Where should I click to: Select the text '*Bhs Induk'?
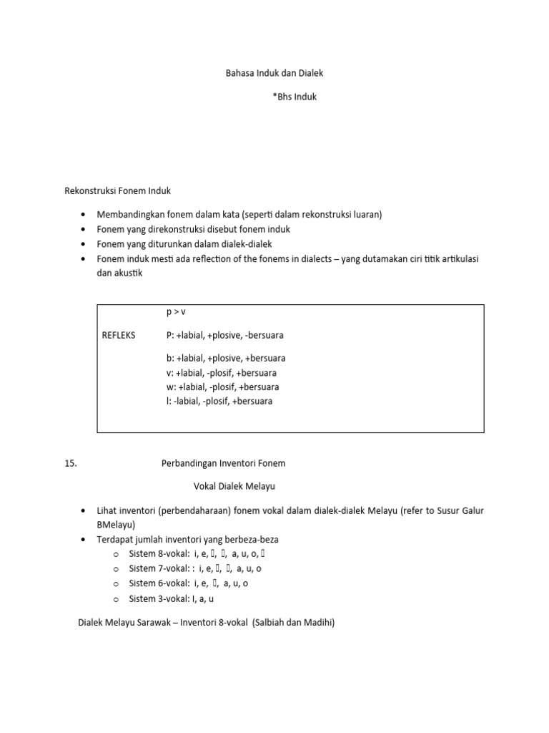[294, 97]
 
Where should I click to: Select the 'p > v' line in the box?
[176, 312]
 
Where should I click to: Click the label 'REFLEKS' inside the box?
[119, 335]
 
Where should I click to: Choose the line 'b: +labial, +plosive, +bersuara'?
[226, 358]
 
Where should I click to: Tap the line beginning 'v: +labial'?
[222, 373]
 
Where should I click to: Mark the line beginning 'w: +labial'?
[222, 387]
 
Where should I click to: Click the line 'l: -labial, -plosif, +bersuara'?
[219, 402]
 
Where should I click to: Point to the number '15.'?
[70, 463]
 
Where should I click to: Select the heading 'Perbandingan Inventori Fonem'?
[223, 463]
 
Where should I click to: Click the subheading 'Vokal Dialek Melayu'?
[234, 486]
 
